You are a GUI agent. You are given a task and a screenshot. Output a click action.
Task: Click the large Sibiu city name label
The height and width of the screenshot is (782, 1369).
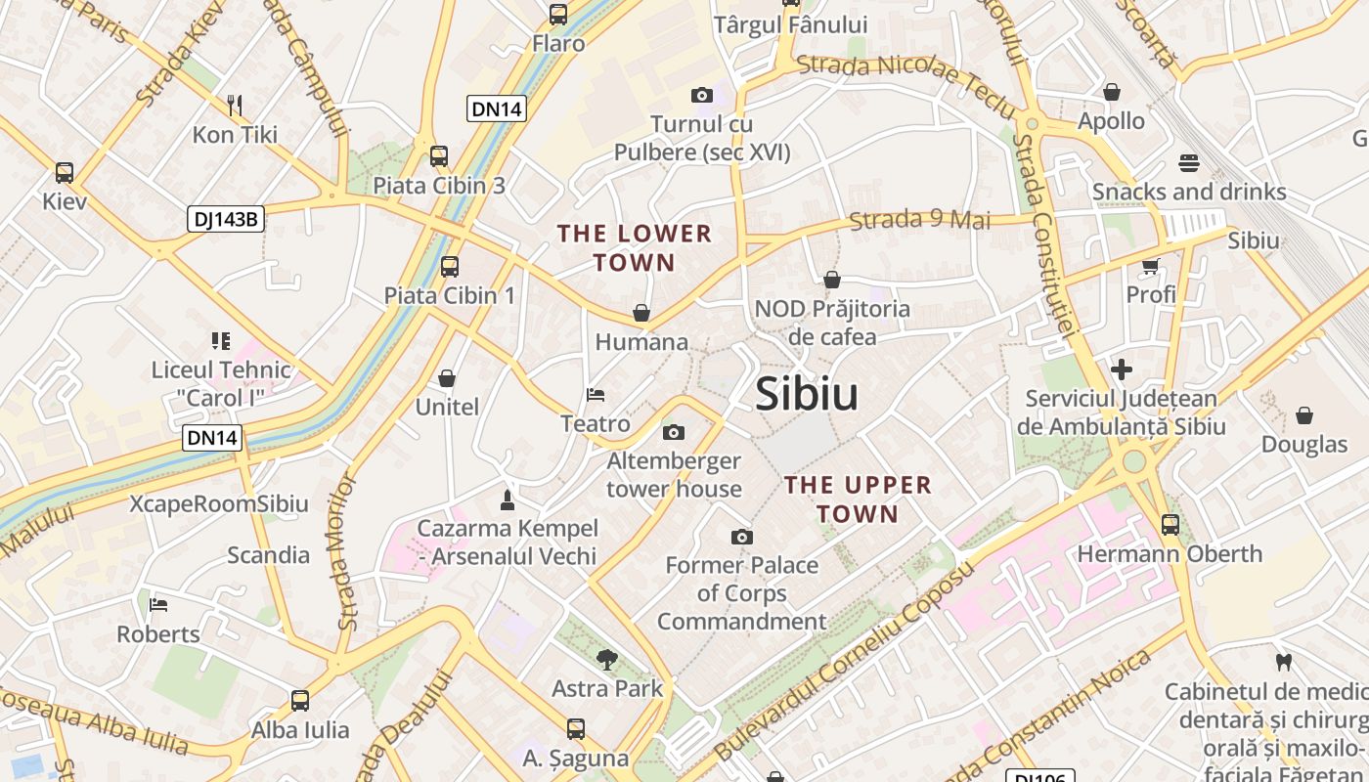point(807,394)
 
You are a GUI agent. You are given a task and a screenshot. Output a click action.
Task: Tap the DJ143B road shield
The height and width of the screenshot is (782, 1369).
point(226,219)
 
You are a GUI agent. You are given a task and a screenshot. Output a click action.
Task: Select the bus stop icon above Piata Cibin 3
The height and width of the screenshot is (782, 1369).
point(439,156)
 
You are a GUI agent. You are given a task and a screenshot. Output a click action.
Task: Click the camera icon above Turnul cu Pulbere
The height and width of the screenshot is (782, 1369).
point(701,95)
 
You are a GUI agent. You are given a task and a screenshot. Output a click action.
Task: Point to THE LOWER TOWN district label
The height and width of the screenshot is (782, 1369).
point(634,248)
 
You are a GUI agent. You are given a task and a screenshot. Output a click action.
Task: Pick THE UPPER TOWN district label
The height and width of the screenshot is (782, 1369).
point(858,500)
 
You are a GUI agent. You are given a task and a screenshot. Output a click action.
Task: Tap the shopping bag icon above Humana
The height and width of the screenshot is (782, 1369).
point(641,313)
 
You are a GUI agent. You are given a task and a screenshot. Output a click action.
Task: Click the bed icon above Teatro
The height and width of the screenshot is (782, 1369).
point(596,395)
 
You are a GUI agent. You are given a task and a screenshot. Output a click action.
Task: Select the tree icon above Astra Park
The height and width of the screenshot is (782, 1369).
point(607,659)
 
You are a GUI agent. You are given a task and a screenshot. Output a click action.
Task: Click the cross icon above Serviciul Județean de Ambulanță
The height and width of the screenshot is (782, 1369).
point(1122,369)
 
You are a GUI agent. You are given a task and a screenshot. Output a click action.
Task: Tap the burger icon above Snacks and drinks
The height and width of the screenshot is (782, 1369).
point(1189,162)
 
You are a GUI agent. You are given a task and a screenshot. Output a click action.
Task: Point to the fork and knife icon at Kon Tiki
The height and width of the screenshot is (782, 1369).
point(234,105)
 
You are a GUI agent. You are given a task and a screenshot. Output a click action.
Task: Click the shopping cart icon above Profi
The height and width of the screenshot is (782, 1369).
point(1151,266)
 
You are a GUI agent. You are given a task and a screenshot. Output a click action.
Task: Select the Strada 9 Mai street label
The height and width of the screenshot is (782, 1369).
point(919,220)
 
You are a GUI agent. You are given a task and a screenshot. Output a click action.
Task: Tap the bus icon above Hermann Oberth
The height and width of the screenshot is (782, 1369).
point(1170,525)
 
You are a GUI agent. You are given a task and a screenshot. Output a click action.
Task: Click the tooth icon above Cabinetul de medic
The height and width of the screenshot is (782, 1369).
point(1285,662)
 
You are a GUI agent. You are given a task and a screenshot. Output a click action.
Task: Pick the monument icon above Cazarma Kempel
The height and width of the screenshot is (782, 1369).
point(507,500)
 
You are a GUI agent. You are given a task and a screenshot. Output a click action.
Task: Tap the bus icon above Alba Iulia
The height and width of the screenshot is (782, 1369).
point(300,701)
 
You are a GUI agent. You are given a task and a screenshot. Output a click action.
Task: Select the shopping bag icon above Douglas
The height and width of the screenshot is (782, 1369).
point(1304,415)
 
